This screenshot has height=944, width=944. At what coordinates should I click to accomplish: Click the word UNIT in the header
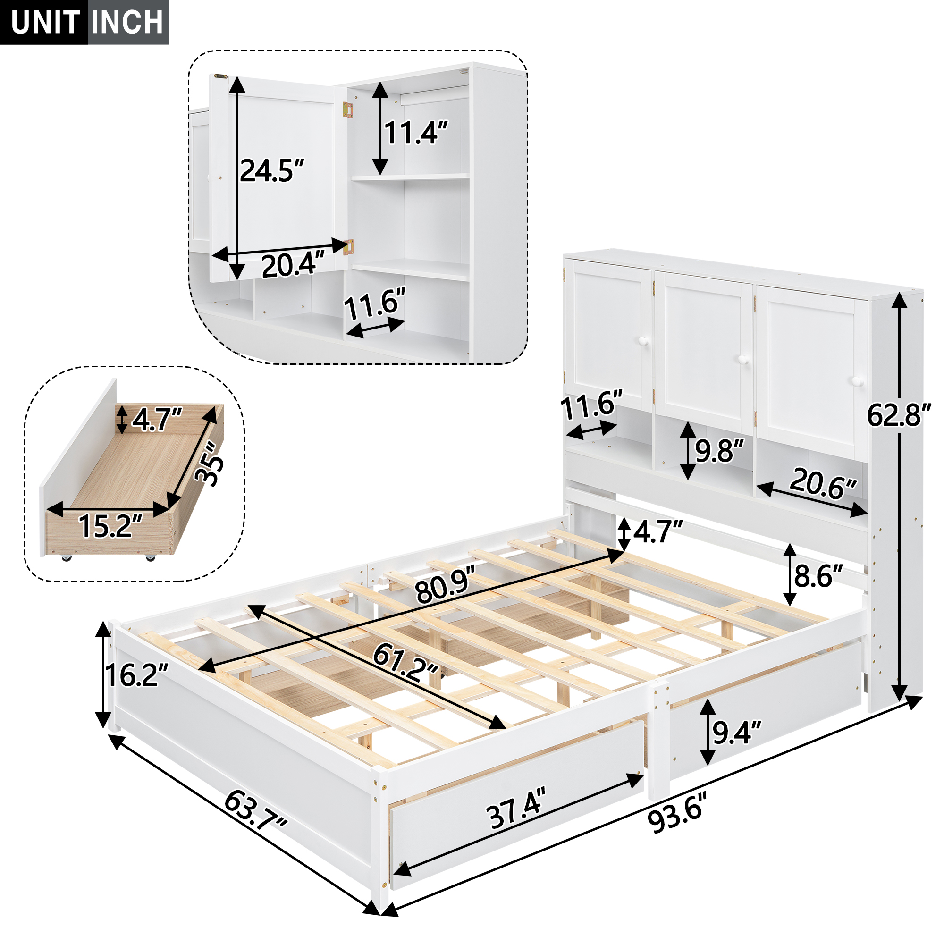click(x=45, y=23)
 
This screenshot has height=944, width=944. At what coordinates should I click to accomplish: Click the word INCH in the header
click(x=127, y=23)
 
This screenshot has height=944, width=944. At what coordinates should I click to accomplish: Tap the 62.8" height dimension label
click(x=899, y=415)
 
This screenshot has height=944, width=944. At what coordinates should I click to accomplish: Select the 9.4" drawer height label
click(x=736, y=732)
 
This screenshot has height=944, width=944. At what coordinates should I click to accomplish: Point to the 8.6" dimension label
click(x=818, y=576)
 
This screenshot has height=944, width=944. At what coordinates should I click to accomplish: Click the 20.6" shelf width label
click(x=823, y=484)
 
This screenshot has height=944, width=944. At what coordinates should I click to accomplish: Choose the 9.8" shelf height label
click(x=719, y=450)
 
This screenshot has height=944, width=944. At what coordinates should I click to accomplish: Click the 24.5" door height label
click(x=272, y=170)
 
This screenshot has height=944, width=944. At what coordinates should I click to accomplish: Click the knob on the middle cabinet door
click(x=743, y=360)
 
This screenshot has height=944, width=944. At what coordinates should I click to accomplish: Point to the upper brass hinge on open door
click(x=348, y=110)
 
